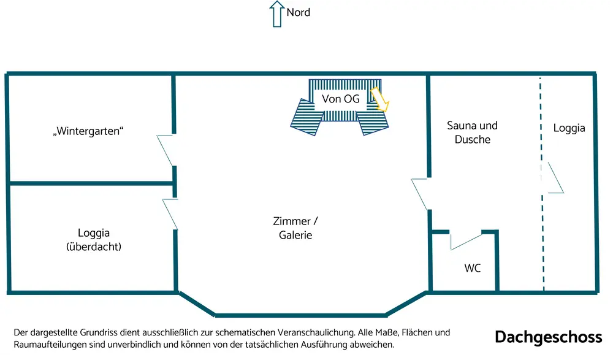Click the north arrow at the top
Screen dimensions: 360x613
(x=275, y=13)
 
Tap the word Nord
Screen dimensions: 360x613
(x=299, y=12)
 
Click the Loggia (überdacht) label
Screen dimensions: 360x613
(x=94, y=240)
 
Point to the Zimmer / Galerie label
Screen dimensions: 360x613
(x=295, y=228)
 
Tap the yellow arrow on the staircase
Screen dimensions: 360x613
(x=380, y=99)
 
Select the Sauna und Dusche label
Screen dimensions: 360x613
(x=472, y=132)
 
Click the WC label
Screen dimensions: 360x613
(x=472, y=268)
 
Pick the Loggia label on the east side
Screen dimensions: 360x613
(x=569, y=128)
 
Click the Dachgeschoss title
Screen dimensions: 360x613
(x=549, y=337)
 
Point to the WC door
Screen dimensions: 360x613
(x=465, y=241)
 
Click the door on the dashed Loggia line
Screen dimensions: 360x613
(x=554, y=178)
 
